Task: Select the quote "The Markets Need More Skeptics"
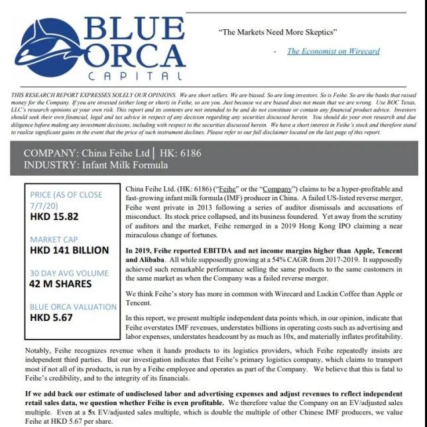278,32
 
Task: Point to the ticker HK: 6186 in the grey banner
181,153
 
